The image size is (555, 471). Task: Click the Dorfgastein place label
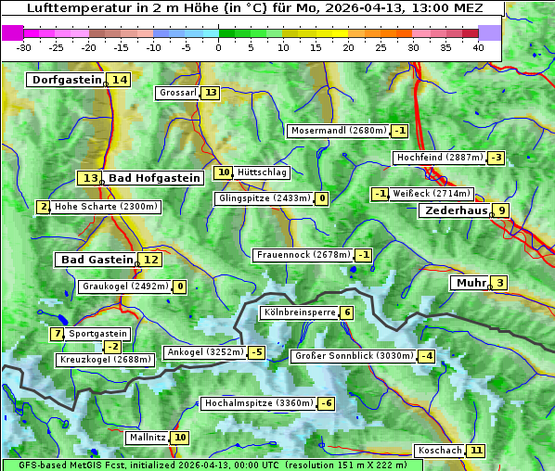tap(66, 80)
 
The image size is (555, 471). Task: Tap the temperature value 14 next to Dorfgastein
tap(120, 80)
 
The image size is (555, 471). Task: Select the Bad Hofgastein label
tap(154, 178)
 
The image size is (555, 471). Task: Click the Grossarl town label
tap(177, 93)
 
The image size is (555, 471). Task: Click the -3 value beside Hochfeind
tap(497, 158)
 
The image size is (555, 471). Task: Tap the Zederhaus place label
tap(456, 210)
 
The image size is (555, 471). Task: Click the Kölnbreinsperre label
tap(299, 312)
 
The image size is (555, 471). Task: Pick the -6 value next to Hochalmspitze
tap(326, 403)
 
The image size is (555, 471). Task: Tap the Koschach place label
tap(440, 451)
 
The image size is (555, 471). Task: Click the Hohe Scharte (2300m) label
tap(107, 207)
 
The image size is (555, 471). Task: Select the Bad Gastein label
tap(97, 260)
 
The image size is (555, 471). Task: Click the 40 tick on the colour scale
tap(478, 46)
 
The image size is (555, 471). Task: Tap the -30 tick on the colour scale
tap(24, 46)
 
